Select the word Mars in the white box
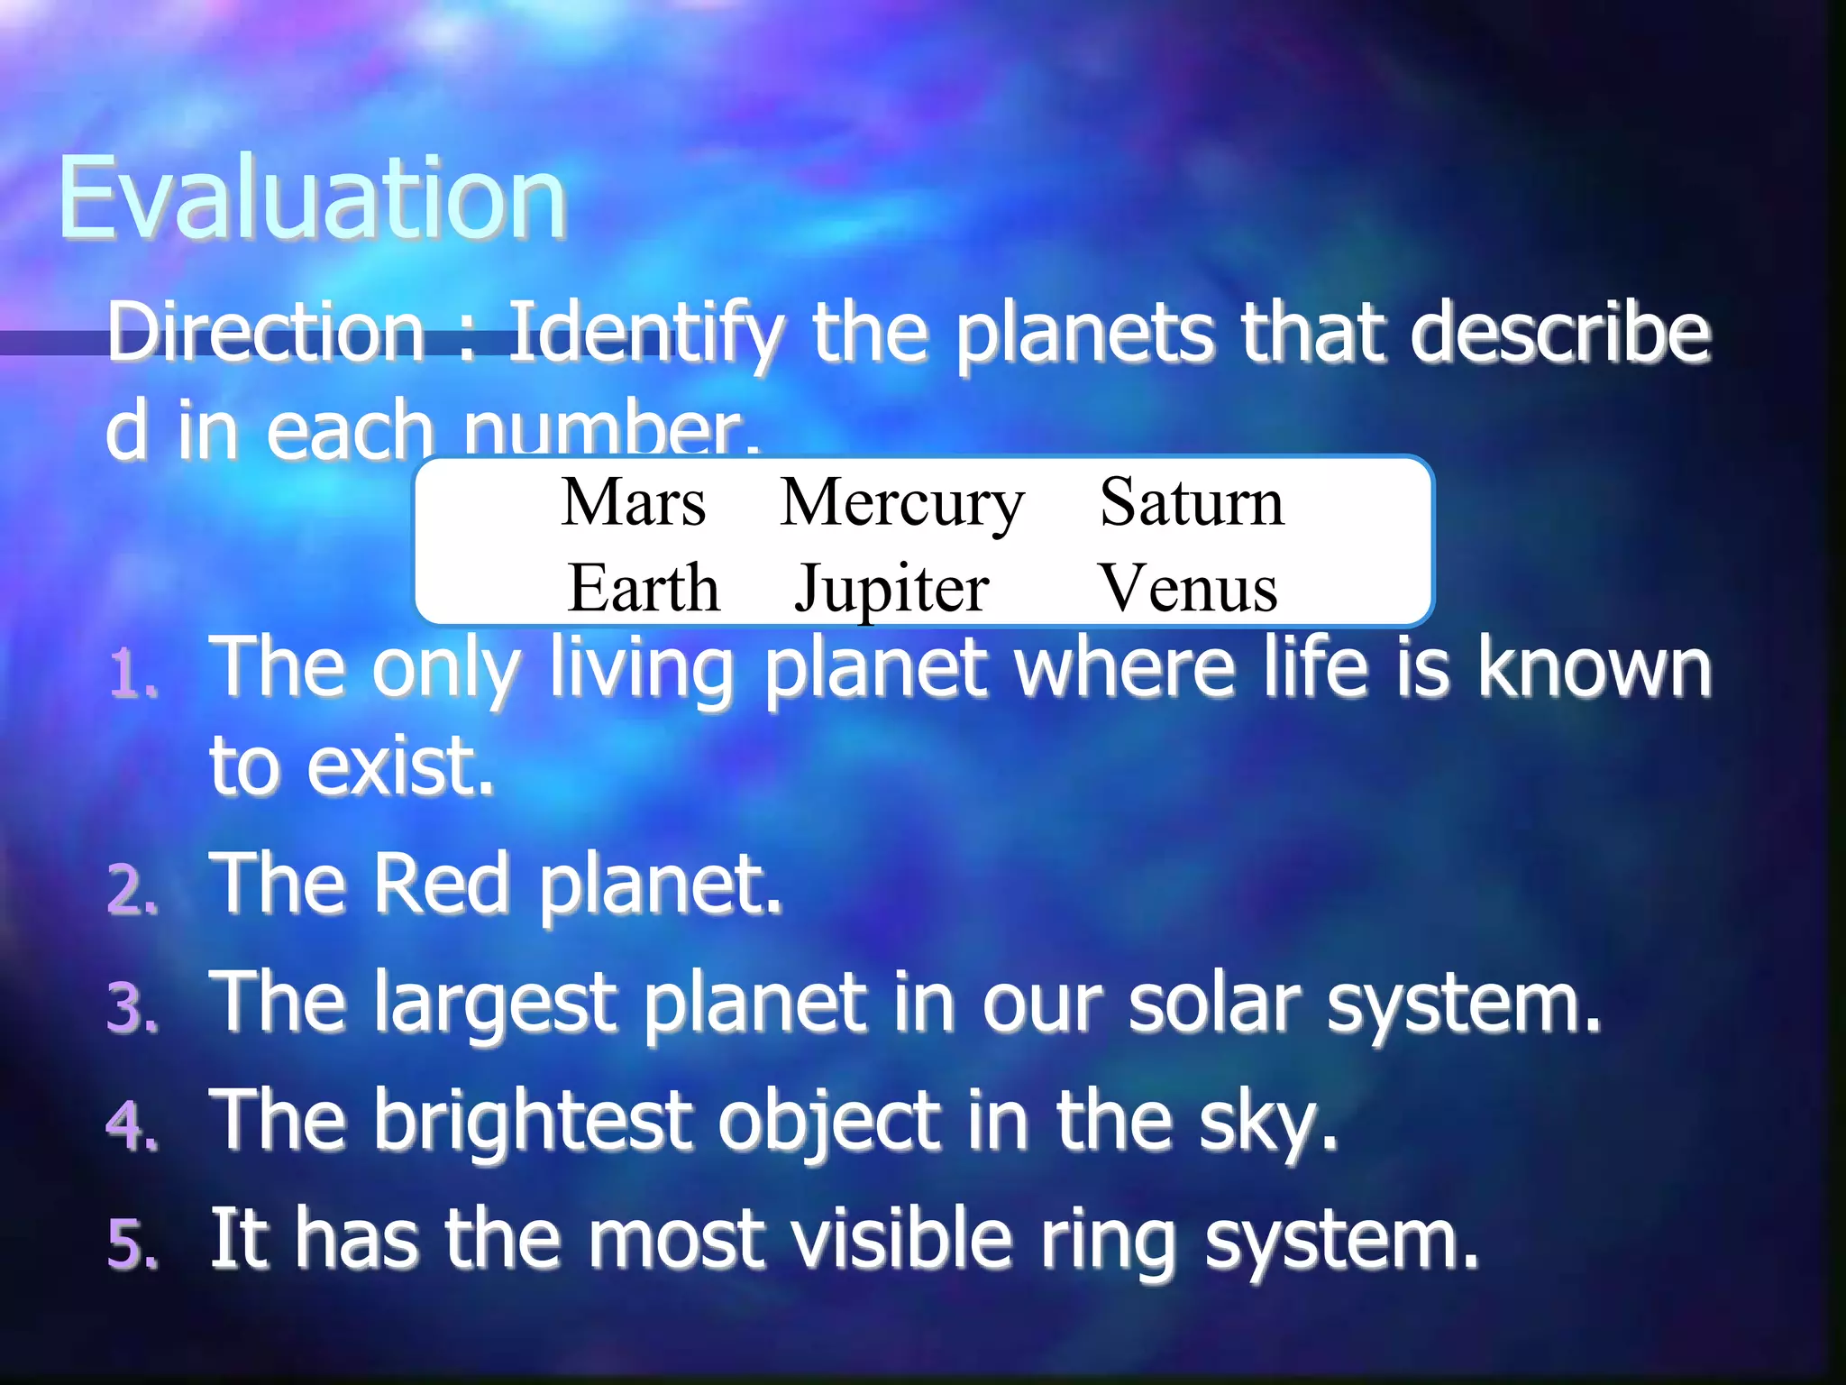coord(634,502)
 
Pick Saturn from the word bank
coord(1192,502)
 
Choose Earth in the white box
coord(644,588)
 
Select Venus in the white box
coord(1188,588)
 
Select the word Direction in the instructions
coord(266,332)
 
